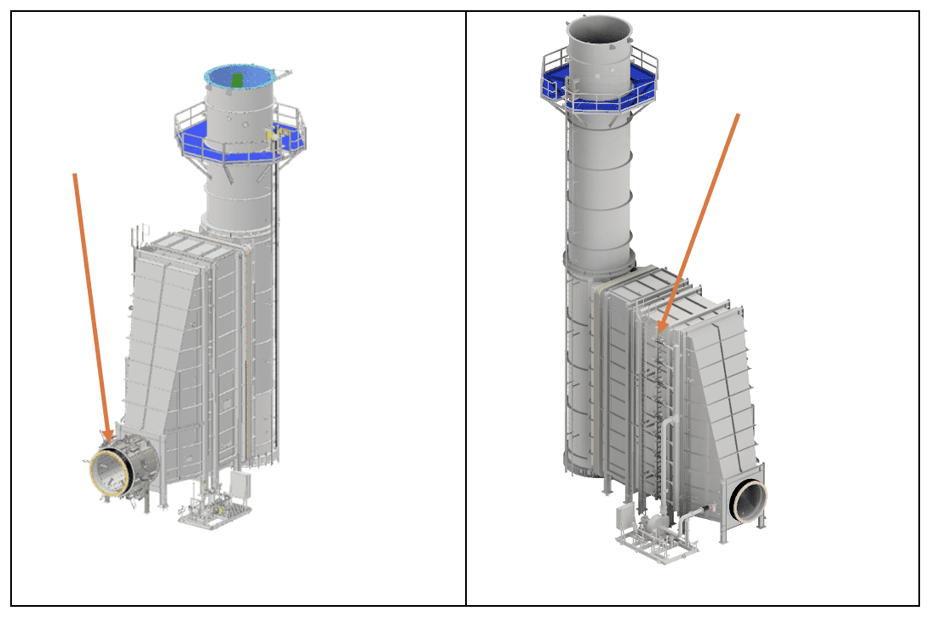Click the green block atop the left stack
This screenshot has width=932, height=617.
click(239, 79)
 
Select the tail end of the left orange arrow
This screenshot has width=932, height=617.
click(75, 175)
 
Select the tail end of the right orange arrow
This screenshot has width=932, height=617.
click(738, 114)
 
